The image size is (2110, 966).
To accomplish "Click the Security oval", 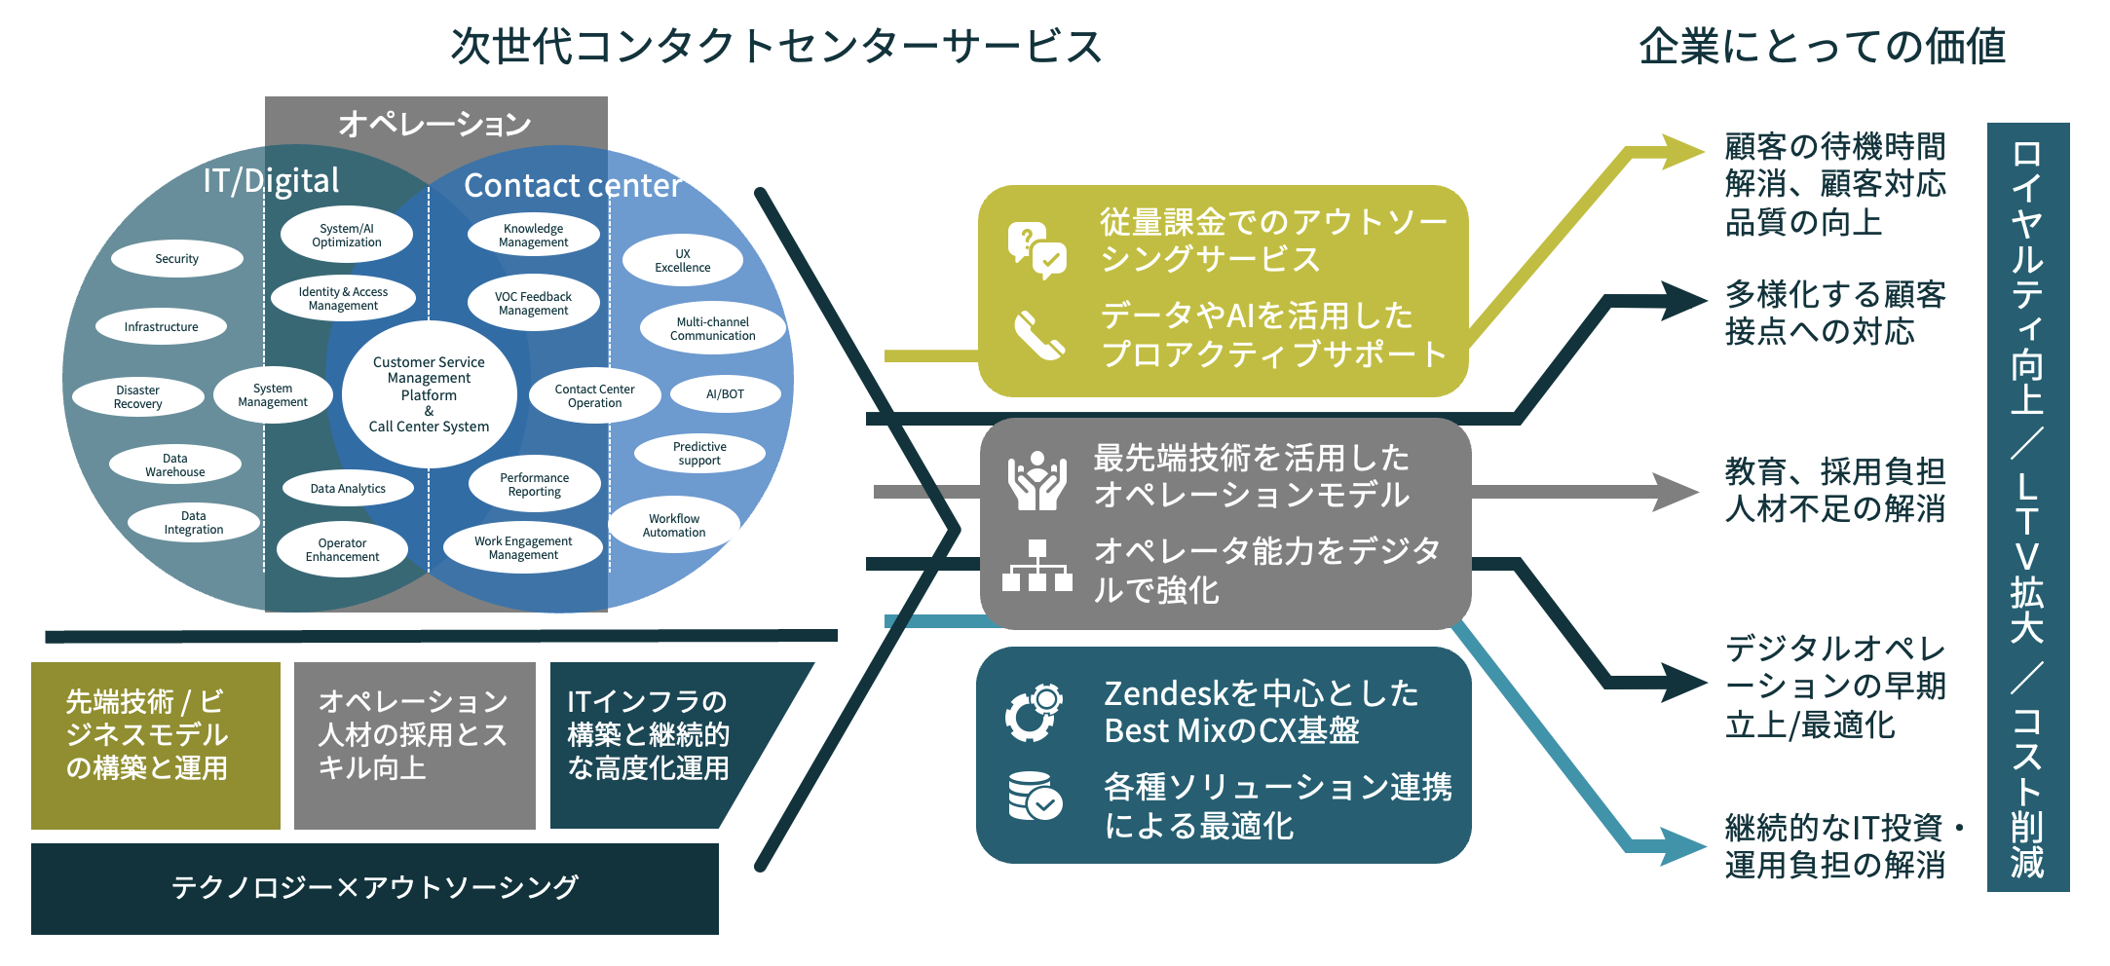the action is [176, 258].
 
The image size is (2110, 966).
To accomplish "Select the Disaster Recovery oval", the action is [138, 396].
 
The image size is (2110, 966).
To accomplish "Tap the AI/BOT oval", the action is [725, 393].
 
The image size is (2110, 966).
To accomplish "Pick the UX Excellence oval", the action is [683, 260].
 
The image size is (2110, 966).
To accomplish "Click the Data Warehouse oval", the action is [175, 464].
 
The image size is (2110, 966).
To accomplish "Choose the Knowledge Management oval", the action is [534, 236].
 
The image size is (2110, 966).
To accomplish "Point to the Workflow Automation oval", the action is [674, 525].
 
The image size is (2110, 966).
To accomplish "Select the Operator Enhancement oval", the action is [342, 549].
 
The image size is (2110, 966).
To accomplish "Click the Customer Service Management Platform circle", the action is [430, 393].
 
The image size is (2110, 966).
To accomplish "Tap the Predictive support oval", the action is [699, 453].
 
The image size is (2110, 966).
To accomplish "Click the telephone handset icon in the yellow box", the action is [1038, 335].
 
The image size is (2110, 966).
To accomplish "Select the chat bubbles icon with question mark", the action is [1037, 250].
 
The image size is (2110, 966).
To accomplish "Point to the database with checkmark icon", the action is [1036, 796].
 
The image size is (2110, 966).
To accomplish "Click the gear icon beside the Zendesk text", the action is [1035, 712].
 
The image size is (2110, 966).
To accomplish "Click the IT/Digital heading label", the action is [271, 180].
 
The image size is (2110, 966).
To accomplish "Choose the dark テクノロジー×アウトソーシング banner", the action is [375, 889].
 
